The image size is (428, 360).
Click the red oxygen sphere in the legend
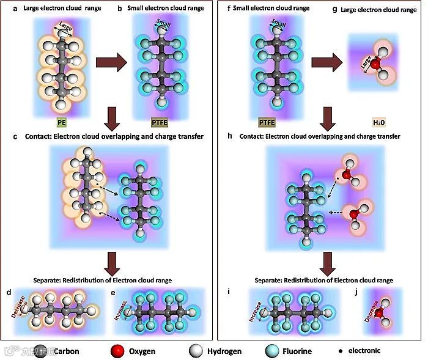114,351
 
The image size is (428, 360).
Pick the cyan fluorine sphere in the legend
271,351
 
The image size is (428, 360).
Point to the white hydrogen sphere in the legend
194,351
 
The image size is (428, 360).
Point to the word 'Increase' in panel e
123,304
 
